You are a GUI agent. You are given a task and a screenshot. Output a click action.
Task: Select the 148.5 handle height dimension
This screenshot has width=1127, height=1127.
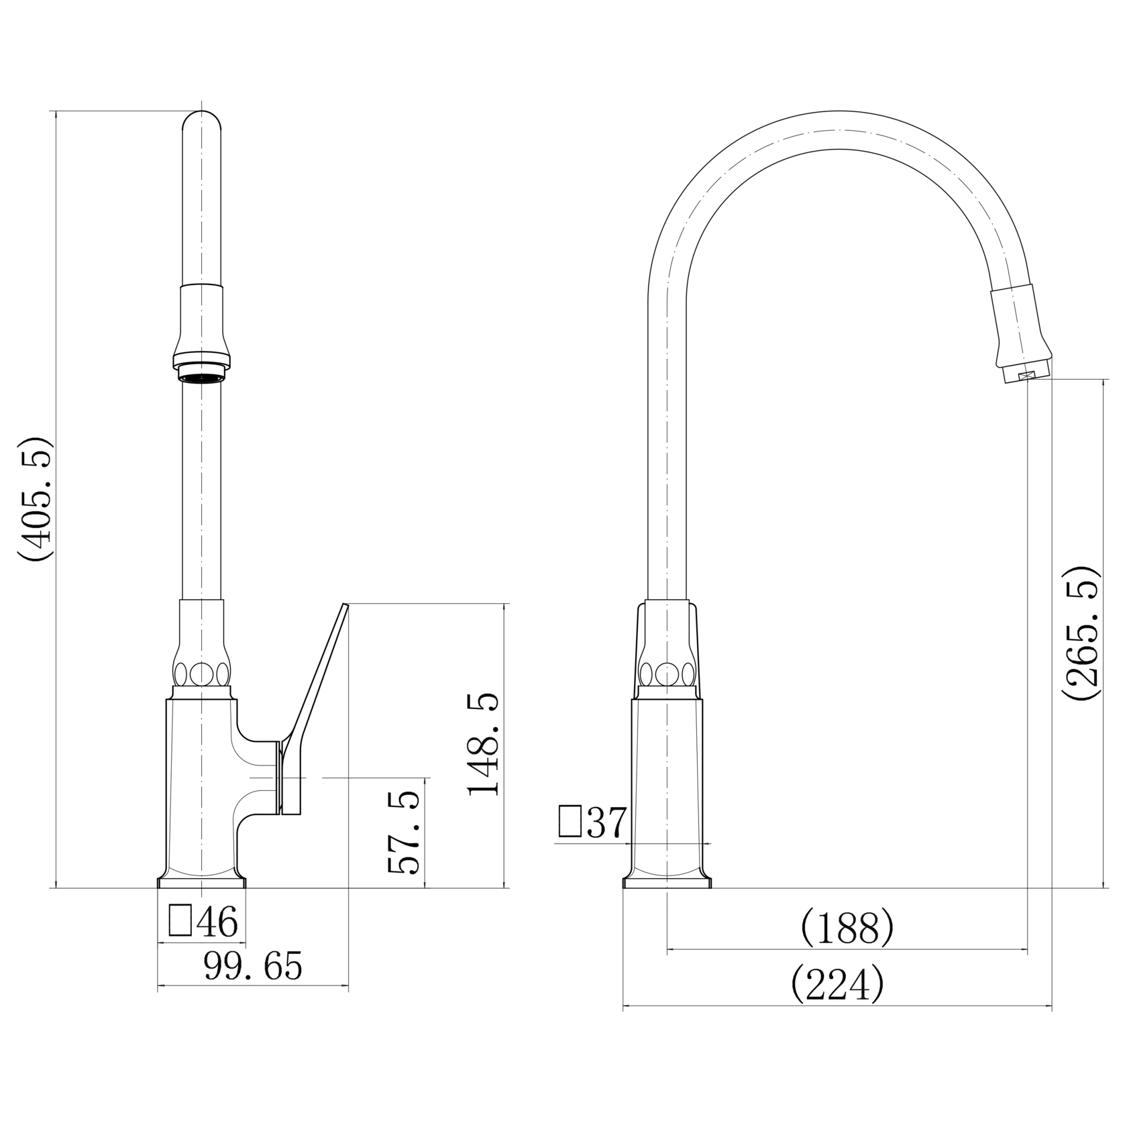(484, 743)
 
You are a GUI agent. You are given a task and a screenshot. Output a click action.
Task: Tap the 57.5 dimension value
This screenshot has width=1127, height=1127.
(404, 832)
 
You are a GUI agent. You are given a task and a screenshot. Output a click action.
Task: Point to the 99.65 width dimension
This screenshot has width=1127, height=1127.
(253, 967)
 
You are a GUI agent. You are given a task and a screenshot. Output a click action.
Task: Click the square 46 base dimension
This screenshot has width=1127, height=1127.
(204, 922)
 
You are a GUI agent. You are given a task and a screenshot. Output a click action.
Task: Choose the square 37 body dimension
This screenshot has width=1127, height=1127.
(593, 822)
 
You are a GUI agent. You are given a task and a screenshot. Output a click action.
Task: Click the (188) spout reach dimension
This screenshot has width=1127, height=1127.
(847, 928)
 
